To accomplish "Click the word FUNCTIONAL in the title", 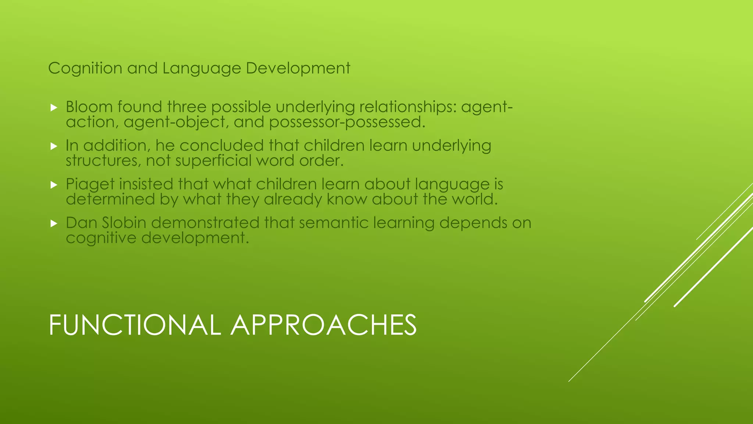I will pos(135,325).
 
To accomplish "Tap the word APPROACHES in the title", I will pos(324,325).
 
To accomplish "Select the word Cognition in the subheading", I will pos(85,68).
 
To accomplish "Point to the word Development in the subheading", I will pos(298,68).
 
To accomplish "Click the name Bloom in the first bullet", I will pos(89,107).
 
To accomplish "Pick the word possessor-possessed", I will pos(347,122).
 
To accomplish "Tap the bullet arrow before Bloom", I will pos(54,107).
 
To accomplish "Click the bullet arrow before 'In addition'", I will pos(54,146).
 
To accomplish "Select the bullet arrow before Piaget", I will pos(54,185).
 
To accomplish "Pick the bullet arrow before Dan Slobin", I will pos(54,223).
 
